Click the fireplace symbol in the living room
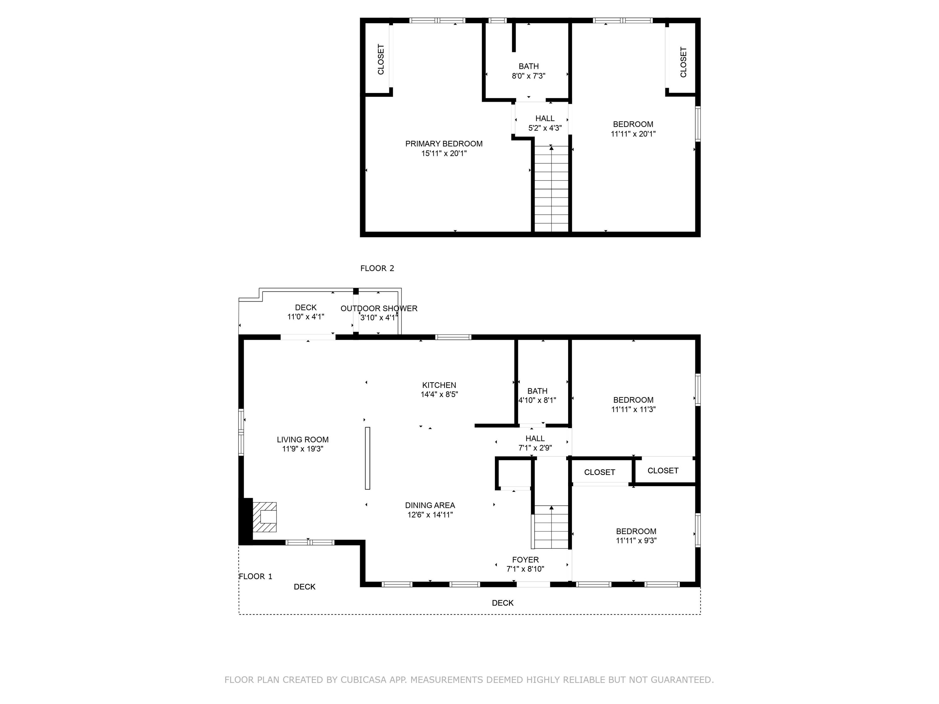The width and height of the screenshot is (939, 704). point(264,517)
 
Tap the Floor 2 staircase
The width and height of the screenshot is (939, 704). point(551,189)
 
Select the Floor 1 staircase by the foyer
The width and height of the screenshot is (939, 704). point(551,527)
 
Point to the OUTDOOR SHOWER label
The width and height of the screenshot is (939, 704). point(379,309)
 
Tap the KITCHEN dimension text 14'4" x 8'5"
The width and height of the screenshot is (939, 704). point(439,394)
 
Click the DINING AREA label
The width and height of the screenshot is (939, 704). point(430,505)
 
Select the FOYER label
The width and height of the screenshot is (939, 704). point(525,560)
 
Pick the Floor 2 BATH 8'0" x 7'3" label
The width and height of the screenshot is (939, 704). point(529,71)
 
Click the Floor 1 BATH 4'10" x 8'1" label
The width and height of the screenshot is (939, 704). point(537,395)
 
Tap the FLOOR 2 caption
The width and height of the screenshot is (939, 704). point(377,268)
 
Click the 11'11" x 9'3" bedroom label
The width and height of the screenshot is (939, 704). point(636,536)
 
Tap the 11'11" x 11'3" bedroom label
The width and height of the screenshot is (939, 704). point(633,404)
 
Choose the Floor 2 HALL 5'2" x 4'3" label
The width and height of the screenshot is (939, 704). point(545,123)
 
